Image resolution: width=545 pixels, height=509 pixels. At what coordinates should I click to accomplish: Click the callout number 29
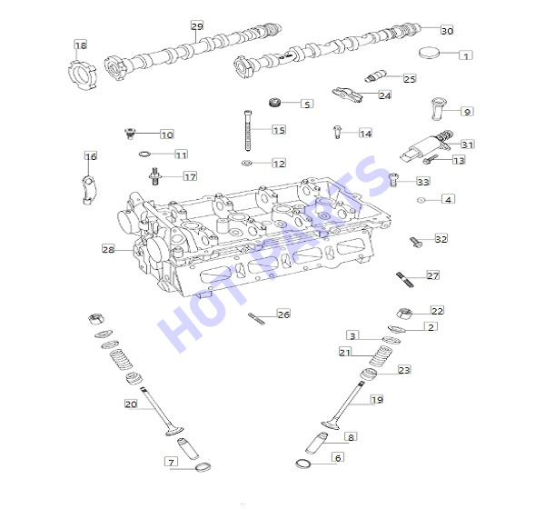click(197, 26)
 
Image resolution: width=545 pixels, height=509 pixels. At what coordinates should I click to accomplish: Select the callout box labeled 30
click(447, 31)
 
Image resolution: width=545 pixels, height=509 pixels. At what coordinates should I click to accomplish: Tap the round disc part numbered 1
click(429, 53)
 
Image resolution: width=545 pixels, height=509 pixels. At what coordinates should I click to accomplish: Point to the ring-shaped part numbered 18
click(82, 75)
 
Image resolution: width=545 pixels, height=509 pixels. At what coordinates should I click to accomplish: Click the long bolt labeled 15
click(248, 131)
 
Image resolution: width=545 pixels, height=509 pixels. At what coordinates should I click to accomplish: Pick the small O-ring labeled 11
click(144, 154)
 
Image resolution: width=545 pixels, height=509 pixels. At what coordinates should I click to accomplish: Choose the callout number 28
click(108, 249)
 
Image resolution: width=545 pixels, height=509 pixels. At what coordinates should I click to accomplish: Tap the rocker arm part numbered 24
click(347, 95)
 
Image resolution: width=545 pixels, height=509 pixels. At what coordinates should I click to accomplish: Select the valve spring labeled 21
click(381, 355)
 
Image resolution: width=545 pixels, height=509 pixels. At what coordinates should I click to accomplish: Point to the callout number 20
click(131, 404)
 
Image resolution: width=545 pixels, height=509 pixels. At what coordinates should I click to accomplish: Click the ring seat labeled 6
click(303, 464)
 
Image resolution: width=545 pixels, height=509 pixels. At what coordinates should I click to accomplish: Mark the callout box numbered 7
click(171, 462)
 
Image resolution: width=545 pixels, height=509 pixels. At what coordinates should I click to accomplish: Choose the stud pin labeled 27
click(404, 280)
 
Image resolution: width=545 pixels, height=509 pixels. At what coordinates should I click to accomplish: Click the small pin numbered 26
click(256, 319)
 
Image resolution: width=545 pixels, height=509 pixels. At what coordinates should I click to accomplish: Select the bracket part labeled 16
click(89, 190)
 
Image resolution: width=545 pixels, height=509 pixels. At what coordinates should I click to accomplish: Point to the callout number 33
click(423, 182)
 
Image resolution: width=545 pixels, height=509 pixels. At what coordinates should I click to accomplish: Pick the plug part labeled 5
click(275, 103)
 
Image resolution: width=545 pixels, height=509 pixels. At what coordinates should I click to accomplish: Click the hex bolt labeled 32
click(416, 242)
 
